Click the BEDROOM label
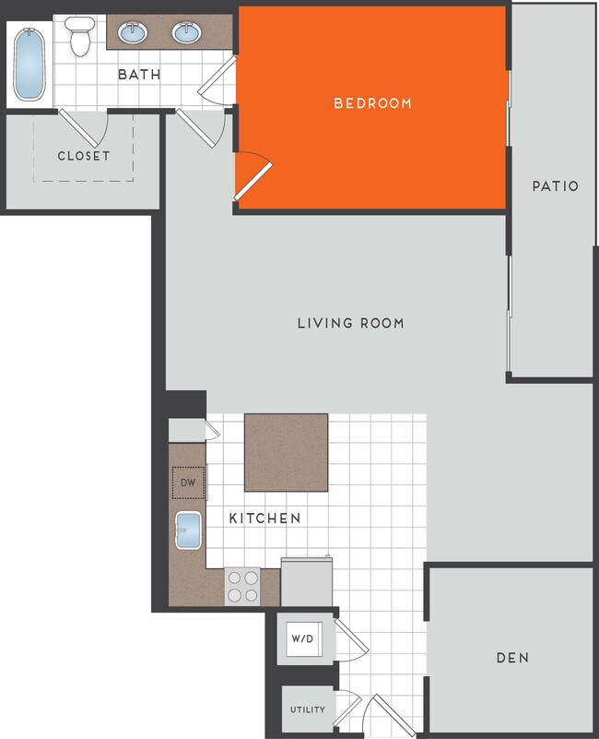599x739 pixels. [x=372, y=103]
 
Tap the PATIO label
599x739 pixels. [x=555, y=186]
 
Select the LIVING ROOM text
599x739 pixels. [x=350, y=323]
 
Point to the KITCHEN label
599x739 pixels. [x=264, y=518]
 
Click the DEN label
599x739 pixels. [x=511, y=658]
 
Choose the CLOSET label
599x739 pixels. [x=83, y=156]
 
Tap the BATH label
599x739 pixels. [x=139, y=74]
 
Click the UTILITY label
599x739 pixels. [x=307, y=709]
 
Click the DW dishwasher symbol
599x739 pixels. [x=187, y=482]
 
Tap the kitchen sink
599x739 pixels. [x=189, y=531]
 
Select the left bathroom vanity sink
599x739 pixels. [x=134, y=34]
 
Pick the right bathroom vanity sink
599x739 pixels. [x=188, y=34]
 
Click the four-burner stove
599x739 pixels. [x=242, y=586]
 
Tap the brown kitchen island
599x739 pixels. [x=286, y=453]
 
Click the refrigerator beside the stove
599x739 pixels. [x=305, y=581]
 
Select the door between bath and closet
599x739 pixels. [x=84, y=123]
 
